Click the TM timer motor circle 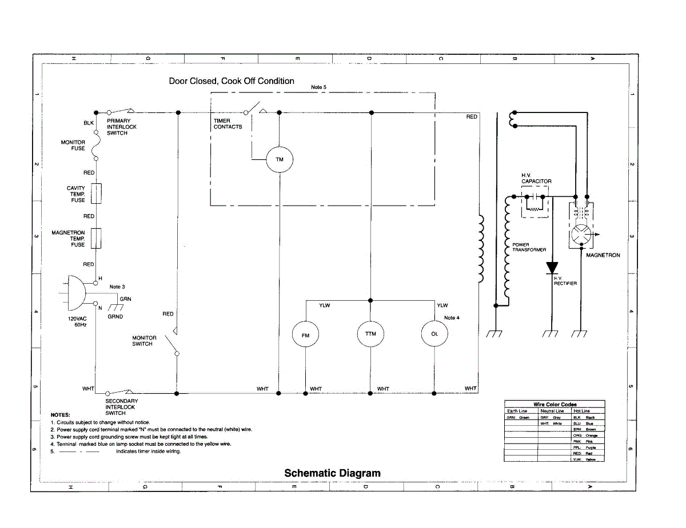(x=280, y=160)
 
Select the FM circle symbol (x=306, y=336)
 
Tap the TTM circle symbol (x=370, y=334)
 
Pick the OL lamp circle (x=434, y=334)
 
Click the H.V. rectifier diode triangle (x=552, y=268)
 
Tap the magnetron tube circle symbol (x=582, y=235)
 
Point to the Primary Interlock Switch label (x=122, y=127)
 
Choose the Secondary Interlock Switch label (x=121, y=407)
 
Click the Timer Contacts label (x=228, y=124)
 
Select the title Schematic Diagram (x=332, y=473)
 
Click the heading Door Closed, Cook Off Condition (x=232, y=81)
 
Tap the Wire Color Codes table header (x=555, y=404)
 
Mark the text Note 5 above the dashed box (x=318, y=87)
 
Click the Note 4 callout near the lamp (x=452, y=317)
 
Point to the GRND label (x=115, y=317)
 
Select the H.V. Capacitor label (x=536, y=178)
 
